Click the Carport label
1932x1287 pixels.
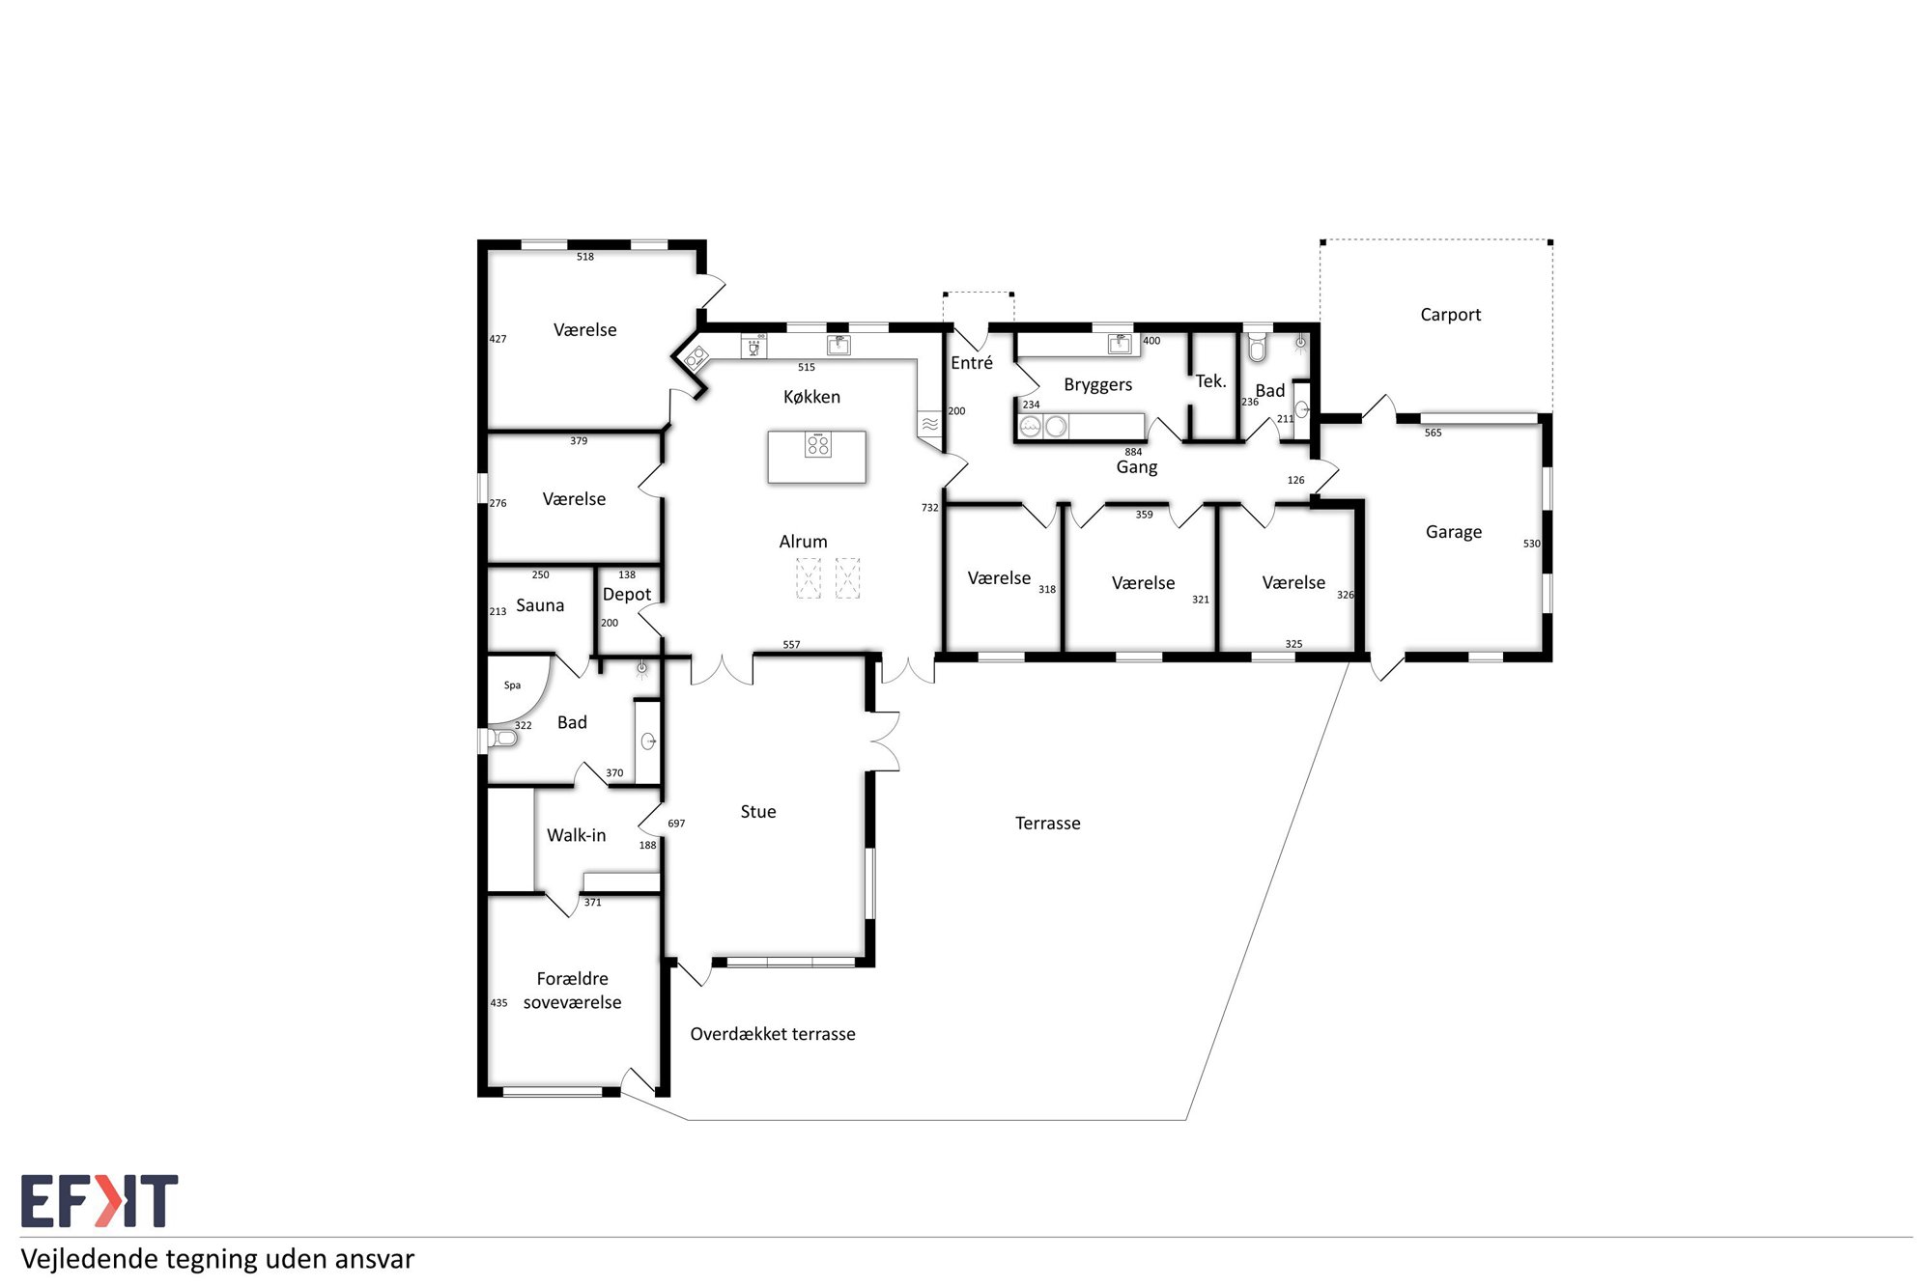click(x=1450, y=315)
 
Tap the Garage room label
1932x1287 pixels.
click(x=1454, y=532)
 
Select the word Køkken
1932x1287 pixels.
click(x=811, y=397)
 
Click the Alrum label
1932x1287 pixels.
click(x=804, y=542)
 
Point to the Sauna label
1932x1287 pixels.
click(x=540, y=605)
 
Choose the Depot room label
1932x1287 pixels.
click(x=627, y=595)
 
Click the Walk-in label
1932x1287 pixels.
click(x=577, y=835)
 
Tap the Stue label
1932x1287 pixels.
click(x=758, y=812)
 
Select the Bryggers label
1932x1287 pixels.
click(x=1098, y=385)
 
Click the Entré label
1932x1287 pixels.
click(x=972, y=363)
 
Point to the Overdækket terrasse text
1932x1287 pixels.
click(x=773, y=1034)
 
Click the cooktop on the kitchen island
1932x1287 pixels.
click(x=818, y=445)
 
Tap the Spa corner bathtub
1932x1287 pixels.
click(x=516, y=689)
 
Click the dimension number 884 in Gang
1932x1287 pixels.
click(x=1133, y=452)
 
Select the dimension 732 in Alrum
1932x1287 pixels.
click(x=929, y=508)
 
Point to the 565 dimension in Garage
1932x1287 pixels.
click(x=1433, y=433)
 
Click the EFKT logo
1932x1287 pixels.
click(x=99, y=1201)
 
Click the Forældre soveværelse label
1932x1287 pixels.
click(x=573, y=991)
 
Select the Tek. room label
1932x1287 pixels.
click(x=1211, y=381)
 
